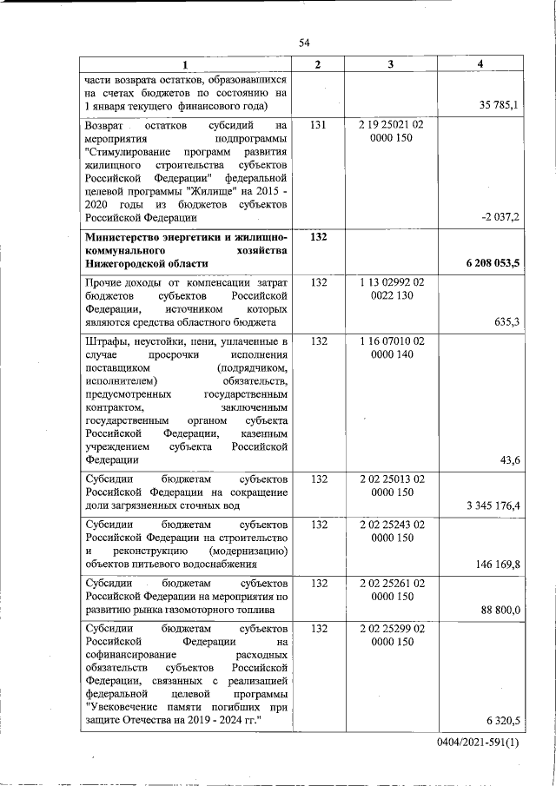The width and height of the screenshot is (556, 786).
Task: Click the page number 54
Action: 304,43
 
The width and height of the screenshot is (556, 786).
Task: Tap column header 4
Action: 480,65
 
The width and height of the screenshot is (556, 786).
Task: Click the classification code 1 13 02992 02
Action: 391,283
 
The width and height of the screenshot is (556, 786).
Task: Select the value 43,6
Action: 511,460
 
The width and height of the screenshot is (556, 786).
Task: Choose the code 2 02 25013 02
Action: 391,479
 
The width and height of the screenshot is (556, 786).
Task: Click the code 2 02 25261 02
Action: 391,584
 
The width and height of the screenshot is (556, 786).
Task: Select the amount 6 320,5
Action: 503,721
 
